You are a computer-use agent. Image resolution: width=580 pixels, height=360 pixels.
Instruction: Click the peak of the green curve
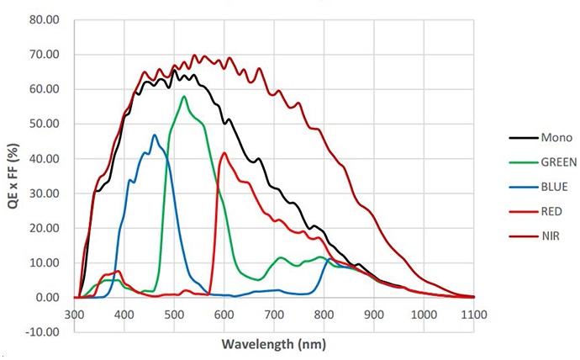coord(183,96)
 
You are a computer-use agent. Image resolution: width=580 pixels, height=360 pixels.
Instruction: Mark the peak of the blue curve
coord(154,135)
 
